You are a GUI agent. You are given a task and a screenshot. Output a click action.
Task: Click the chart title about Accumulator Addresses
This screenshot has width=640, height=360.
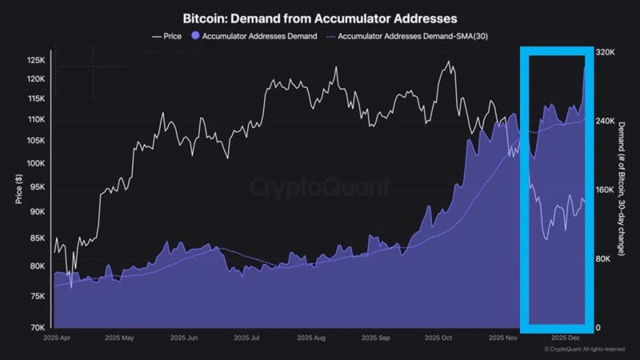320,17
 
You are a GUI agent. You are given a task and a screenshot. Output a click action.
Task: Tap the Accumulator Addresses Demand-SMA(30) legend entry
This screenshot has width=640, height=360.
408,36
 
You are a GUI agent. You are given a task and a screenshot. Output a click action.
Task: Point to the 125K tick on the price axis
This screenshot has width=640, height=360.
37,61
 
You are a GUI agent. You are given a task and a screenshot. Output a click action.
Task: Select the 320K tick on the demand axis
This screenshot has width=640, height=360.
605,52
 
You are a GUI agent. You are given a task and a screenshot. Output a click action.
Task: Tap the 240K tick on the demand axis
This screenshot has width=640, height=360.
605,121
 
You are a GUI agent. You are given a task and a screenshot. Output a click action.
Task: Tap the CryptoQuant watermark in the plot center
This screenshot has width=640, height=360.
320,188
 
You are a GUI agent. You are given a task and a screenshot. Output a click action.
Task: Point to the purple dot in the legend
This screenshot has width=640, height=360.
197,36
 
